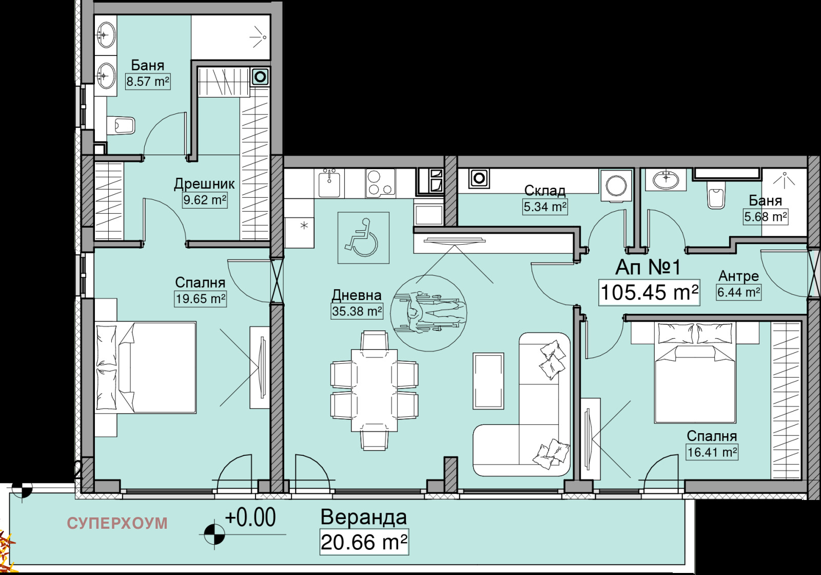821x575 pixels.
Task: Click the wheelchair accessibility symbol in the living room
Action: coord(363,237)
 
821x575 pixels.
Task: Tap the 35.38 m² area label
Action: coord(357,311)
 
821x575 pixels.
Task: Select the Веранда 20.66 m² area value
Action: coord(364,542)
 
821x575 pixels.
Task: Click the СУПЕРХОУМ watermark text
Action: coord(118,524)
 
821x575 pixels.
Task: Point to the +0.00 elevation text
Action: coord(250,517)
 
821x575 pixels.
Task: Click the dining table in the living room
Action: coord(374,390)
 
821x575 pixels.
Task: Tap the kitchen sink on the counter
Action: coord(329,183)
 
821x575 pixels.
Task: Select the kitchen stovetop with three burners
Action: coord(380,182)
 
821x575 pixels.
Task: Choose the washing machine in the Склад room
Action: coord(616,186)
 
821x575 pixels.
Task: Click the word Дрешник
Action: coord(204,184)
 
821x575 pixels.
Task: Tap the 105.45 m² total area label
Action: coord(649,292)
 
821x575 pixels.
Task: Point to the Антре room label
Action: coord(738,276)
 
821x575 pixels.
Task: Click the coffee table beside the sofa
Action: coord(488,381)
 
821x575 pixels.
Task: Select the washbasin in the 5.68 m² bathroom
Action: coord(666,180)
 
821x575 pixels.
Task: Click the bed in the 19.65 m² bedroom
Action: coord(146,368)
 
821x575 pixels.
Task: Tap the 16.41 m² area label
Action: coord(712,452)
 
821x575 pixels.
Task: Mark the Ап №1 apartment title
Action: coord(648,267)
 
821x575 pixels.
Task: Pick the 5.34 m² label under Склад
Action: coord(545,207)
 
